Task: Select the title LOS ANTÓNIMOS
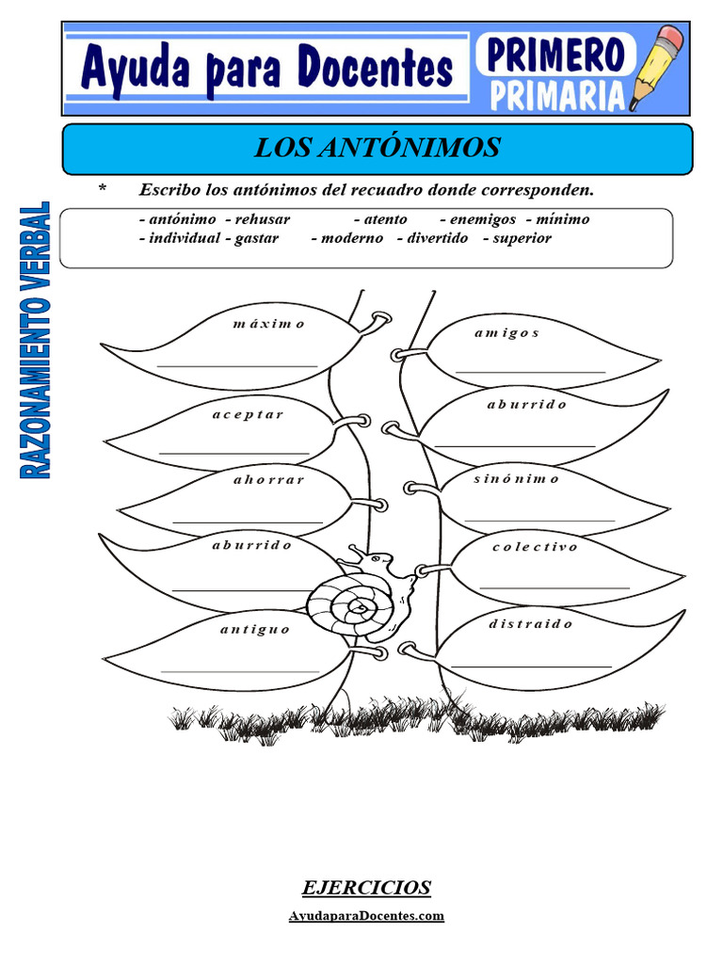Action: (378, 148)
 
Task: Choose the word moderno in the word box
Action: (352, 238)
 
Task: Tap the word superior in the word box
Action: (522, 238)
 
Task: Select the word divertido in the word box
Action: (437, 238)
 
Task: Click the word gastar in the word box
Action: (256, 238)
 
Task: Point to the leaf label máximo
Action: (269, 324)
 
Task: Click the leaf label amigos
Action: (506, 333)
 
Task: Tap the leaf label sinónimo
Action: (516, 478)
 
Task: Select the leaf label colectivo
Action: (535, 546)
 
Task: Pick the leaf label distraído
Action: (531, 623)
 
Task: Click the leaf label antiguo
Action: (255, 629)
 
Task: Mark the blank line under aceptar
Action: (234, 453)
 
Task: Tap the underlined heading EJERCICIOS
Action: (366, 887)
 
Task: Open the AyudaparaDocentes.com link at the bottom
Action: (365, 915)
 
